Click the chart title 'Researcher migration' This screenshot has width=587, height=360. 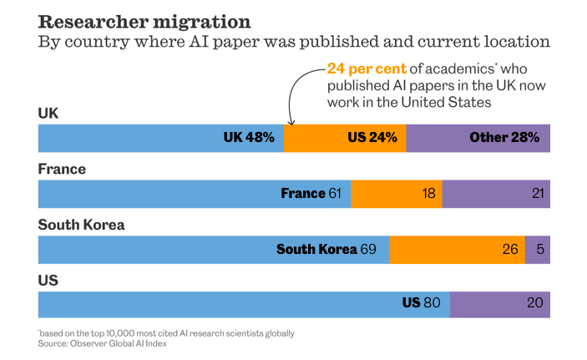pyautogui.click(x=144, y=22)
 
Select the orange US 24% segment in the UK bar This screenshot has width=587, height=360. pyautogui.click(x=345, y=137)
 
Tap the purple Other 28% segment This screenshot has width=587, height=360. pyautogui.click(x=478, y=137)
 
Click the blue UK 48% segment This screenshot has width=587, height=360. pyautogui.click(x=161, y=137)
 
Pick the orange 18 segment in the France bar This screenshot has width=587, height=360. pyautogui.click(x=397, y=193)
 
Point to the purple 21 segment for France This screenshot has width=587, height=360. pyautogui.click(x=496, y=193)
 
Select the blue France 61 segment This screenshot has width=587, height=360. pyautogui.click(x=195, y=193)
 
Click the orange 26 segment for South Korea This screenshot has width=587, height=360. pyautogui.click(x=458, y=249)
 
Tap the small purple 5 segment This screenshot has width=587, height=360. pyautogui.click(x=538, y=249)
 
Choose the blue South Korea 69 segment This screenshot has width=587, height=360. pyautogui.click(x=214, y=249)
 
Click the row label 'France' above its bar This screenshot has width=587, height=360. pyautogui.click(x=62, y=170)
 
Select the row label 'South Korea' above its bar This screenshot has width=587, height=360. pyautogui.click(x=81, y=225)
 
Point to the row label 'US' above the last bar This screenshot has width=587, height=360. pyautogui.click(x=48, y=281)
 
